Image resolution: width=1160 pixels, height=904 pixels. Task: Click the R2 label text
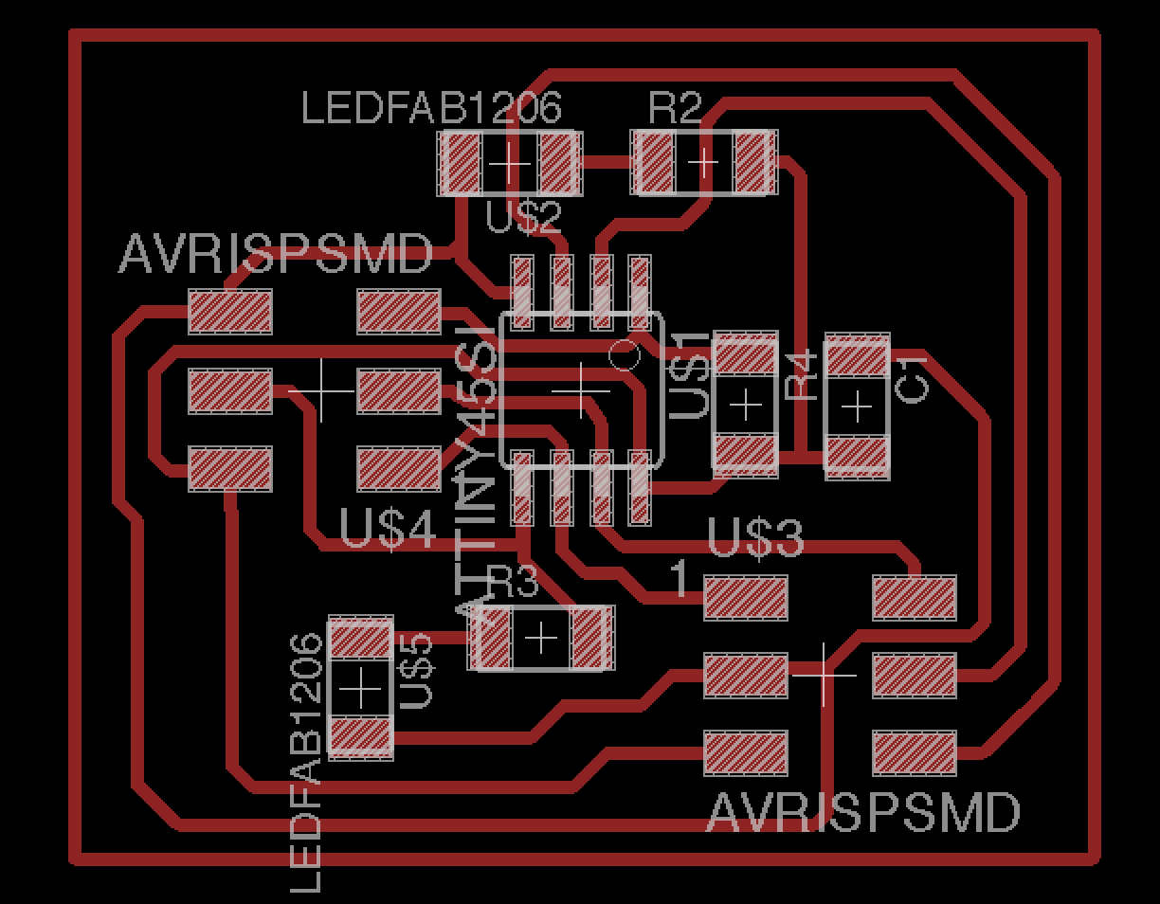(x=675, y=108)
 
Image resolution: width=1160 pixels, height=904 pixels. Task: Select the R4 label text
(x=802, y=375)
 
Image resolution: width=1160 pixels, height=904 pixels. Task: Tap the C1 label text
(x=914, y=380)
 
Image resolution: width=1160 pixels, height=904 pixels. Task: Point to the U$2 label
(x=523, y=218)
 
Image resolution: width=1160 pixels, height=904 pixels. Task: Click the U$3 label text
(x=755, y=538)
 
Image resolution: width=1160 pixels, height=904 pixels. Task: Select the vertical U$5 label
(x=417, y=671)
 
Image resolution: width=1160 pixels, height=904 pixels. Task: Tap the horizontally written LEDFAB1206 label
(x=431, y=108)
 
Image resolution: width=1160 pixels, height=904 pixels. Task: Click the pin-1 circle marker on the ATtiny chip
(x=623, y=356)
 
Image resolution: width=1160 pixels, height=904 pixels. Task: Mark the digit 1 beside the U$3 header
(x=680, y=578)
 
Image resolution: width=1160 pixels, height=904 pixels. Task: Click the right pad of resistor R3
(x=589, y=638)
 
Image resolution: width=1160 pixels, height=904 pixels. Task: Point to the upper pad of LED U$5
(x=360, y=641)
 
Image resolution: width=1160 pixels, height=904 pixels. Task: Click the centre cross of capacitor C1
(x=858, y=407)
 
